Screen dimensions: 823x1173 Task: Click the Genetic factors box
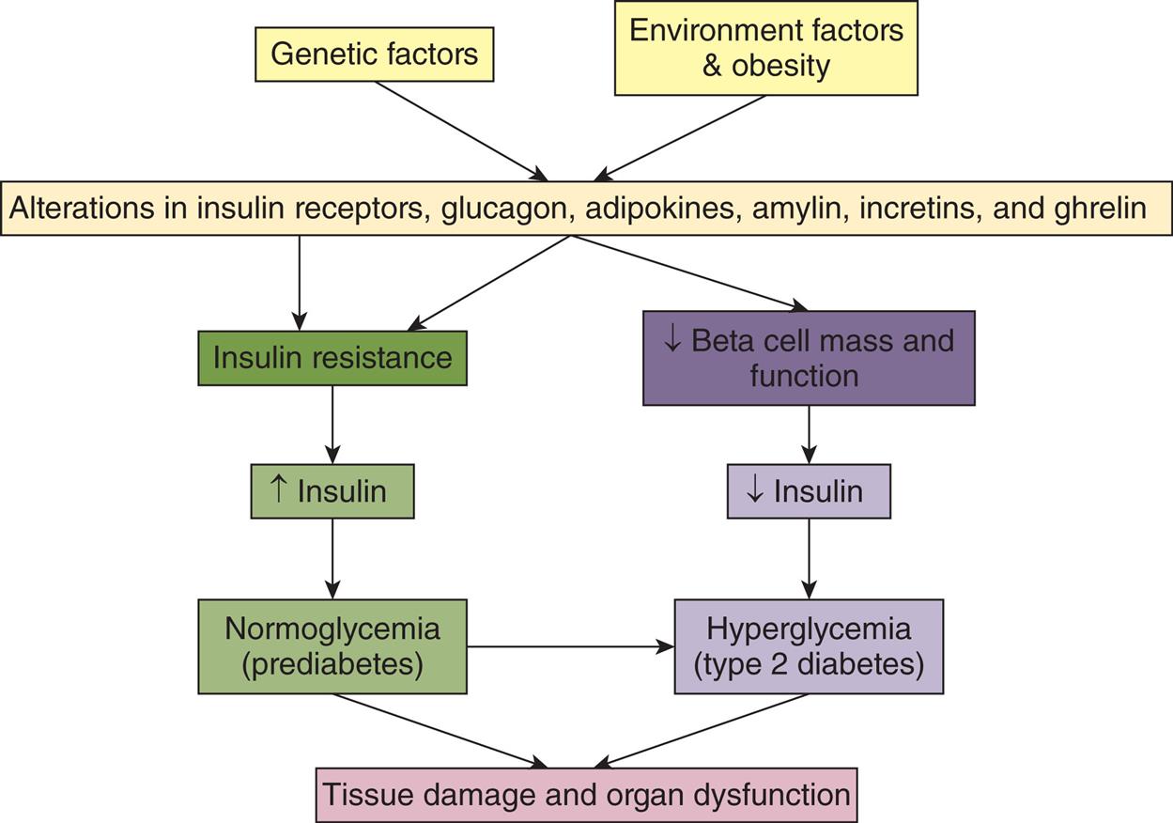[x=374, y=54]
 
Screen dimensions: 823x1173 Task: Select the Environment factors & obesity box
[x=765, y=48]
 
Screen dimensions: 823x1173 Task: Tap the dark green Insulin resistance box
[x=332, y=358]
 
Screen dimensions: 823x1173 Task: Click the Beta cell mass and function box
[x=808, y=358]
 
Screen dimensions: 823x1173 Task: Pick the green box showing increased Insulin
[x=332, y=491]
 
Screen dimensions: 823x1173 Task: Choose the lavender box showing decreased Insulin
[x=808, y=491]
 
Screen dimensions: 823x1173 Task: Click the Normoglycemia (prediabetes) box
[x=332, y=646]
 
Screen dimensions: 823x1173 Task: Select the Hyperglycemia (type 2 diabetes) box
[x=808, y=646]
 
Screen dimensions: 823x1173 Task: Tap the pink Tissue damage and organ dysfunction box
[x=586, y=795]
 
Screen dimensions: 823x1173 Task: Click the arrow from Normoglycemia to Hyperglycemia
[x=569, y=646]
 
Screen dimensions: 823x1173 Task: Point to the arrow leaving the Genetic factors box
[x=460, y=130]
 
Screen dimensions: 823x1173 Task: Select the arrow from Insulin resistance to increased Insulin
[x=332, y=424]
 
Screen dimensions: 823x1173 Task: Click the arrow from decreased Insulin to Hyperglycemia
[x=808, y=558]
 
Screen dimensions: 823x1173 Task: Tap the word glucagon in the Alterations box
[x=507, y=208]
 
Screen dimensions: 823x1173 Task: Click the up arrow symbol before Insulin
[x=278, y=489]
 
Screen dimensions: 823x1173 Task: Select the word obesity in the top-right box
[x=779, y=67]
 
